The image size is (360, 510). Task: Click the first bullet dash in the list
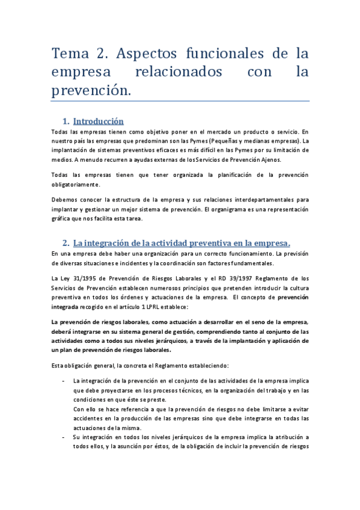click(x=64, y=381)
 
